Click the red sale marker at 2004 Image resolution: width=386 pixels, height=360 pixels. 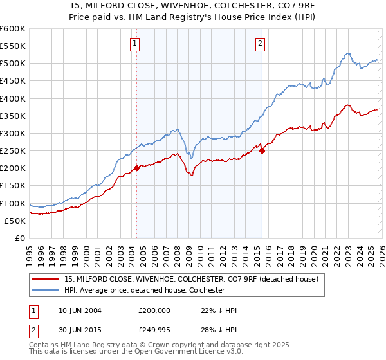click(x=137, y=168)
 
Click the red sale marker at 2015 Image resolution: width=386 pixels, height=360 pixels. click(x=262, y=151)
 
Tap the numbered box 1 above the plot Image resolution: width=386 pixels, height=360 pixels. click(x=135, y=44)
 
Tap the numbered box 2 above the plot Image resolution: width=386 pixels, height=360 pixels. click(x=260, y=44)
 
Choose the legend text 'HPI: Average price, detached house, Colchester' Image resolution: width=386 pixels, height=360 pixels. click(x=144, y=290)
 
